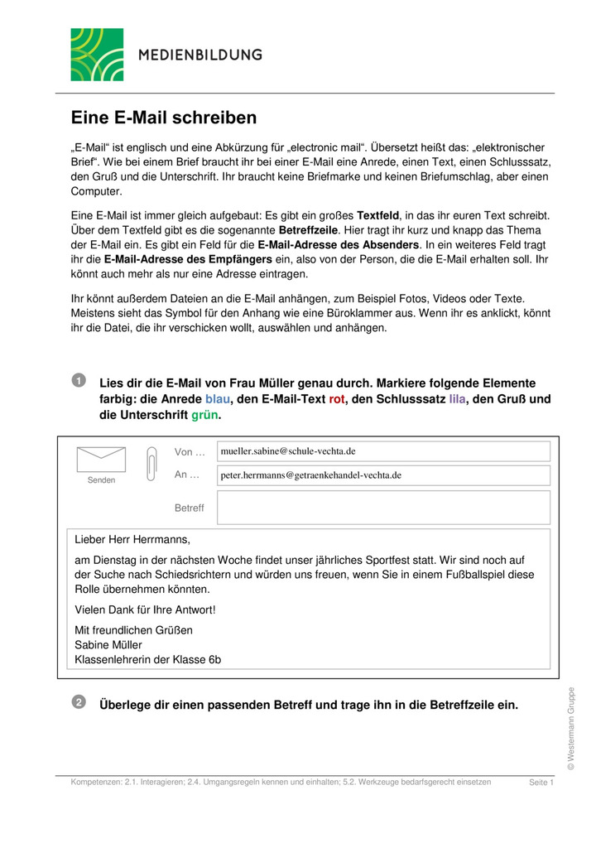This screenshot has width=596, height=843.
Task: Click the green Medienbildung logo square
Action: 97,55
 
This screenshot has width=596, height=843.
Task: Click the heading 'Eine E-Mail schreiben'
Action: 163,118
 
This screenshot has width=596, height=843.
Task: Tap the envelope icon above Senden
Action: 101,460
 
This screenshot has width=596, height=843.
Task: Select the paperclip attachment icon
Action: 151,463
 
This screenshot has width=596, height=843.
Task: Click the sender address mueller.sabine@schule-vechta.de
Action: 287,451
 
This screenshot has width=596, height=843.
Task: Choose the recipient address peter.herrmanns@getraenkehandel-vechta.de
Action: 310,475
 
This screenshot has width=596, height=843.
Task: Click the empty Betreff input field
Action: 383,507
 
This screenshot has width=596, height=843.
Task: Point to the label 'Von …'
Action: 189,451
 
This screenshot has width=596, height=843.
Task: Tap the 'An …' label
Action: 187,474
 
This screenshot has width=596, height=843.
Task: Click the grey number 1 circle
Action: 78,380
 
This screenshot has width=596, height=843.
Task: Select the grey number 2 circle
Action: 78,702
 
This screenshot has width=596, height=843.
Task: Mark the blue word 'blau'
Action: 219,399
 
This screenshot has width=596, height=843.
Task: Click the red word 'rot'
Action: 337,399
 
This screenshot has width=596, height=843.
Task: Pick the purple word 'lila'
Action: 458,399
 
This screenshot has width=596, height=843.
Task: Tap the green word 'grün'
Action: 204,415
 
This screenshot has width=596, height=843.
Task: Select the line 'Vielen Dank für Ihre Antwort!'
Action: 145,609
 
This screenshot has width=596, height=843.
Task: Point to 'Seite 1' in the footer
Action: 541,783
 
